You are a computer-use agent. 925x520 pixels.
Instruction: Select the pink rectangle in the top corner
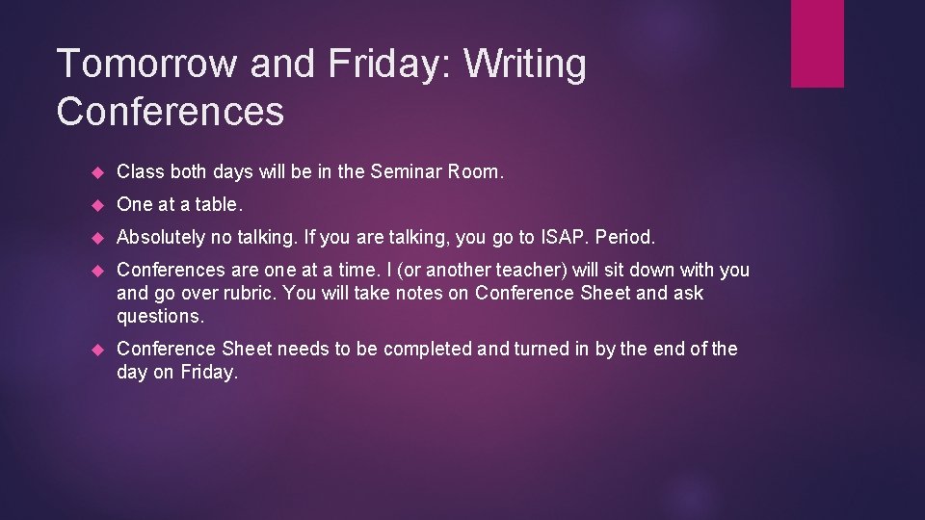[817, 43]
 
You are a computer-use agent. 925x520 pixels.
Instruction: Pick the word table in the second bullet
[218, 204]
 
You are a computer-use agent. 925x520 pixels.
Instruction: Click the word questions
[161, 315]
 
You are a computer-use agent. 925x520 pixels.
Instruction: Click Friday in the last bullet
[207, 372]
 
